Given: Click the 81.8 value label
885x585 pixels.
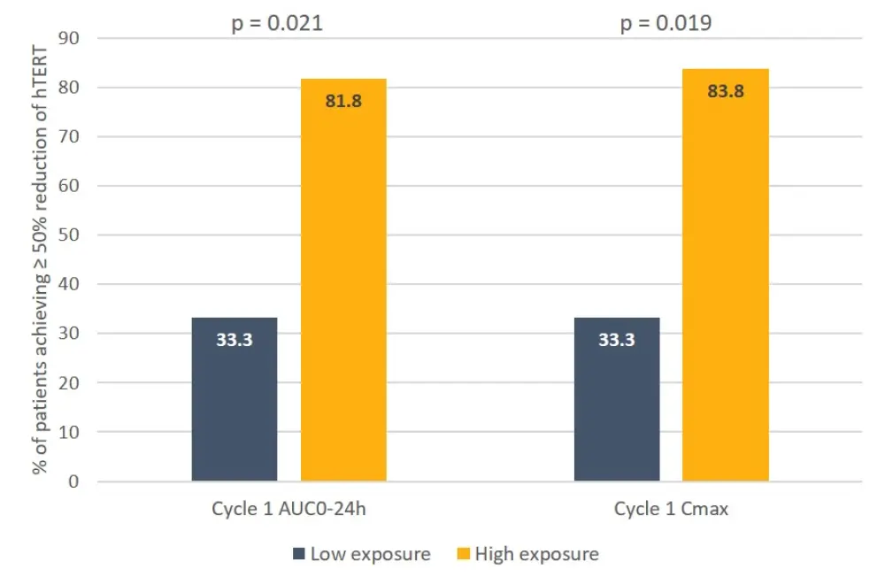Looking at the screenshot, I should [343, 100].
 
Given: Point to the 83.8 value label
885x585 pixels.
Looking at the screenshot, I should [726, 90].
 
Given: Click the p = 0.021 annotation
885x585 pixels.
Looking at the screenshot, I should [277, 23].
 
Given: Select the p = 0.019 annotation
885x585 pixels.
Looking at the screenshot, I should [666, 23].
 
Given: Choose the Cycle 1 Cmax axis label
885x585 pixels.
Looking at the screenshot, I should [671, 510].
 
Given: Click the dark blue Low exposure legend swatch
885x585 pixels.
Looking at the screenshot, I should [298, 555].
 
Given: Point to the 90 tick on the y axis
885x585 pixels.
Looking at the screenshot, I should [68, 39].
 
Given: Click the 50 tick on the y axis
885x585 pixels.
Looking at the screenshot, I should [68, 235].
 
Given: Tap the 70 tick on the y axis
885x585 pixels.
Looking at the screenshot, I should [68, 137].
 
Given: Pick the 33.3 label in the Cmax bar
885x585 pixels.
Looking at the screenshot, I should [617, 339].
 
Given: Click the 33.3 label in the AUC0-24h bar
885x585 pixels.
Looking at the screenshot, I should [235, 339].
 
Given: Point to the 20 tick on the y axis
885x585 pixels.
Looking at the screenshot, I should [68, 383].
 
